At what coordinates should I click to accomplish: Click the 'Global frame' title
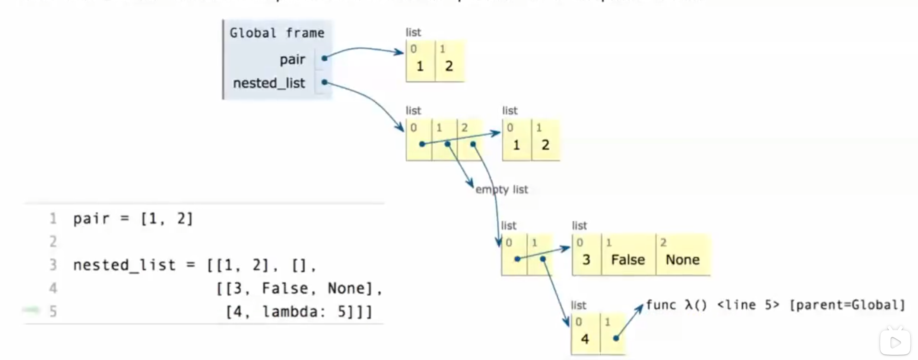coord(277,33)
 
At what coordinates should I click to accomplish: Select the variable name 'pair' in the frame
coord(292,60)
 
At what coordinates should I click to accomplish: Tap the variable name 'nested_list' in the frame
coord(269,83)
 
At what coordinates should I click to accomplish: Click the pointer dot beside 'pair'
coord(324,58)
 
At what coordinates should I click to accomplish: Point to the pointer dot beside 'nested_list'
coord(324,82)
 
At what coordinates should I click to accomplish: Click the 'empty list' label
coord(502,189)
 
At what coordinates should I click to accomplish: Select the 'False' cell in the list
coord(628,259)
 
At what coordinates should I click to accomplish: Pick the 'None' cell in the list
coord(682,259)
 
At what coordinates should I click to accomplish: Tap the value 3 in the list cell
coord(586,259)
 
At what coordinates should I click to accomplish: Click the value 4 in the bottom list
coord(585,339)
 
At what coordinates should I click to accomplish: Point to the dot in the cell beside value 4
coord(616,338)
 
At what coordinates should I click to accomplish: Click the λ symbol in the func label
coord(689,305)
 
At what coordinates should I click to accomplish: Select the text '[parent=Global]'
coord(847,305)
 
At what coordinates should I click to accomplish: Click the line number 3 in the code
coord(53,265)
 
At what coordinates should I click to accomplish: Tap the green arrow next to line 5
coord(31,310)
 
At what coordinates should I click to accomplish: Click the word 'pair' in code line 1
coord(91,219)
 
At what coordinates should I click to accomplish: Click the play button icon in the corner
coord(895,342)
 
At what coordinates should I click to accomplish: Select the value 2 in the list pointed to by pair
coord(449,66)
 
